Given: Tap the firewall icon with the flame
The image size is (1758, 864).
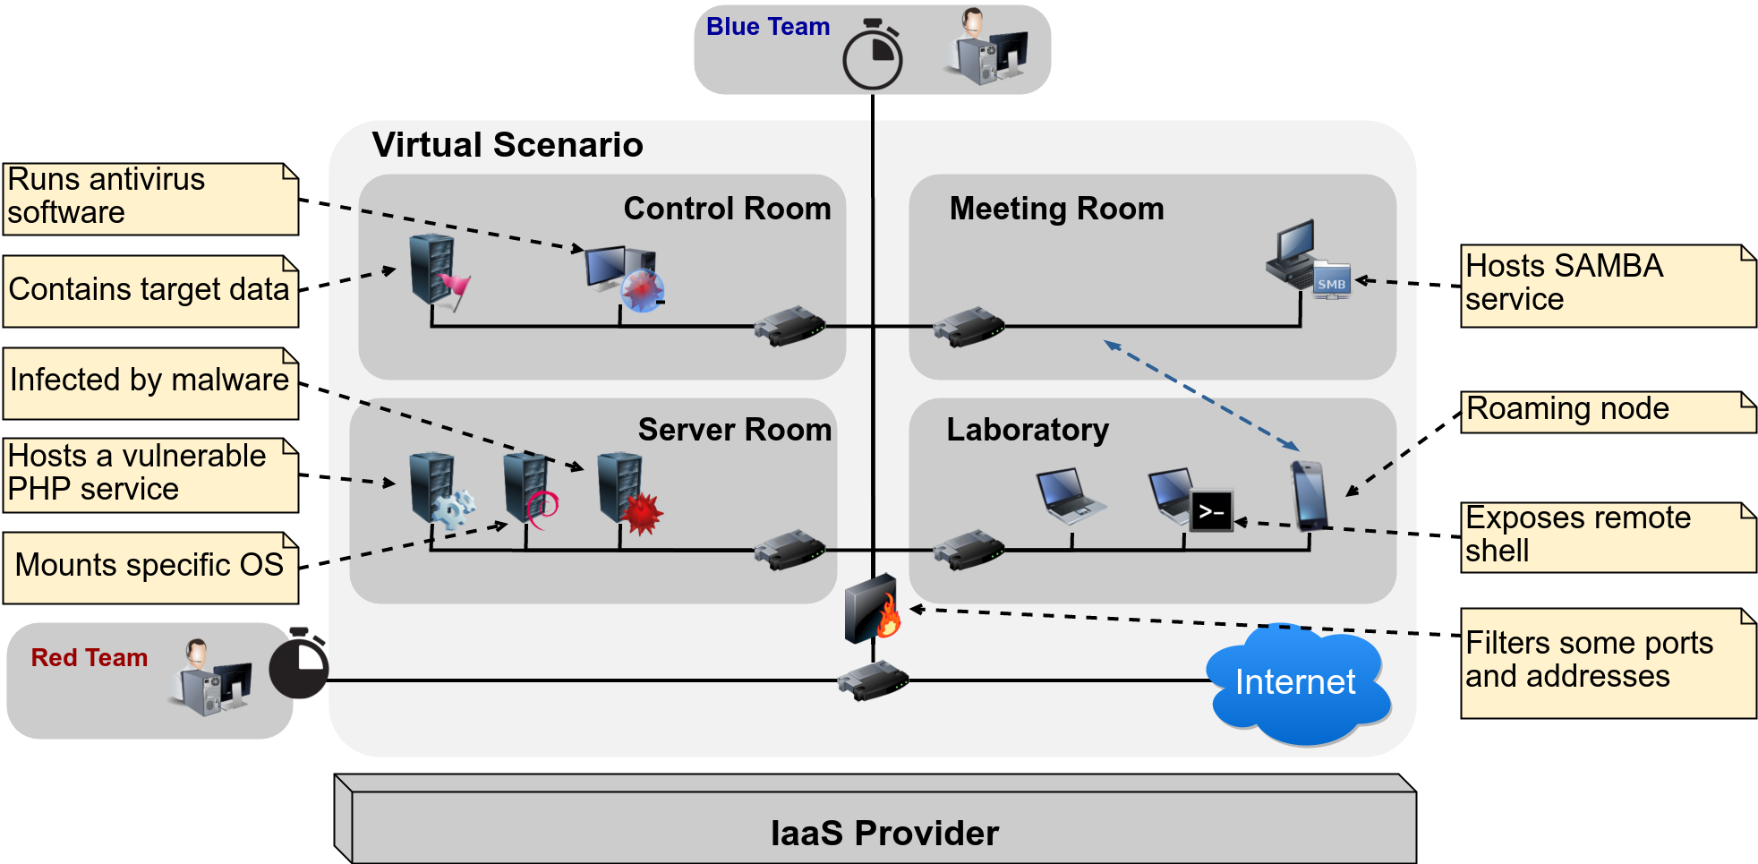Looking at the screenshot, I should click(x=871, y=609).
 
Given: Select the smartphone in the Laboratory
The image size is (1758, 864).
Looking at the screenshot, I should click(x=1310, y=495).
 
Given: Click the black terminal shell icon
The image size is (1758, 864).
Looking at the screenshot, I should click(x=1212, y=511).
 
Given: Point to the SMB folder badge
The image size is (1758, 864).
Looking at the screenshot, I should click(x=1332, y=281).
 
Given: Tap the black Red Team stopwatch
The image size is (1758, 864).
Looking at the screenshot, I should click(x=300, y=666).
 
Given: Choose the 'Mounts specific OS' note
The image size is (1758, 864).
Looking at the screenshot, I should click(x=150, y=567).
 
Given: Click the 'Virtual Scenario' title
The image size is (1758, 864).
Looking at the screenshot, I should click(x=508, y=145).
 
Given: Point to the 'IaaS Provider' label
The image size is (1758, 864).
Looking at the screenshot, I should click(x=883, y=833).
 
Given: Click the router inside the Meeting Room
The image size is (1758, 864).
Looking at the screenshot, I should click(x=969, y=326).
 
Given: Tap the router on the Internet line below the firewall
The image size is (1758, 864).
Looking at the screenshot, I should click(x=873, y=680).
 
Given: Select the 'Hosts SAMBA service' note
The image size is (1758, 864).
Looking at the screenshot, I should click(x=1607, y=285).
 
